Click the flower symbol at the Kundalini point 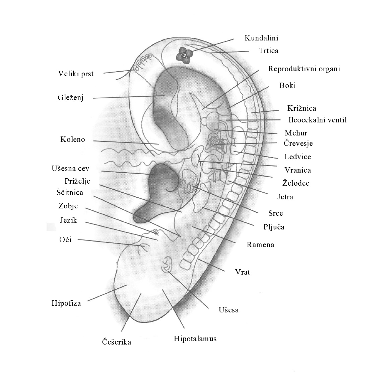point(184,55)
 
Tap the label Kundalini point(261,38)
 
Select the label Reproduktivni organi point(304,69)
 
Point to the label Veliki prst point(76,74)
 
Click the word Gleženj point(71,97)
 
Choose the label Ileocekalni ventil point(317,120)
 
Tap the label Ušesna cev point(70,169)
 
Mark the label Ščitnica point(70,192)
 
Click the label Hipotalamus point(195,339)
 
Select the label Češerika point(117,342)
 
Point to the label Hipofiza point(66,303)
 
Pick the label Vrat point(242,272)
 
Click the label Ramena point(260,245)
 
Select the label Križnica point(302,108)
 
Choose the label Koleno point(73,139)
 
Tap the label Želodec point(296,183)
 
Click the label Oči point(65,239)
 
